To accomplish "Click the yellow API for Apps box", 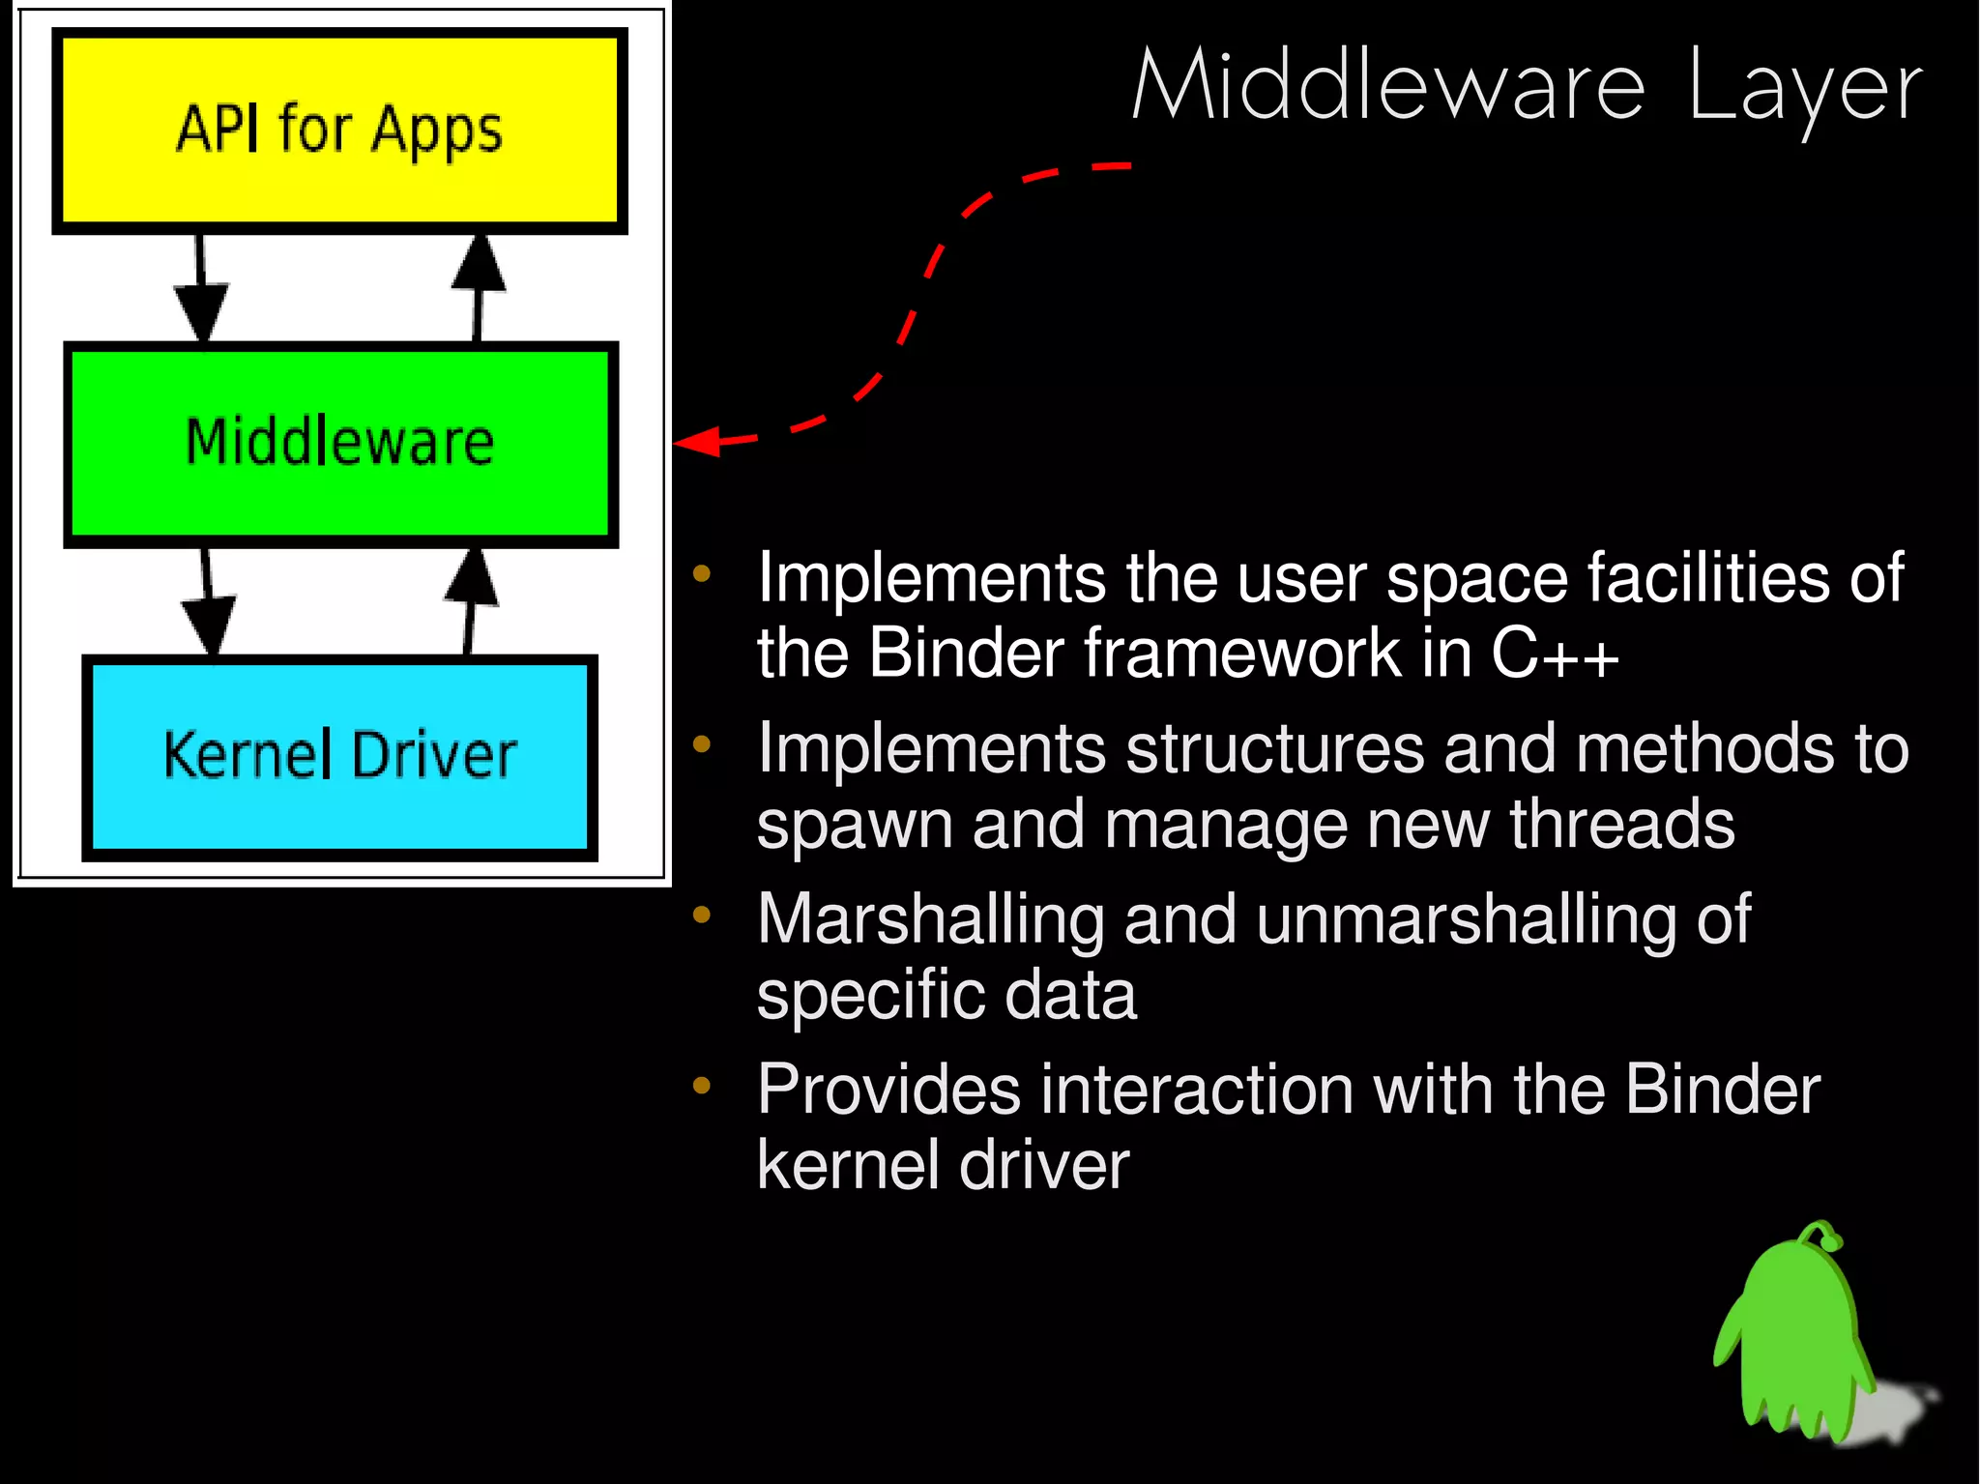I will click(339, 131).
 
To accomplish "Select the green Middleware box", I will click(339, 443).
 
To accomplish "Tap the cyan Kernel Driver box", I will click(339, 756).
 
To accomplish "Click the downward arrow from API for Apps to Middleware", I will click(201, 290).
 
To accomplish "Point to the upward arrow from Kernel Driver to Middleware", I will click(471, 599).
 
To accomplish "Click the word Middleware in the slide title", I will click(1388, 87).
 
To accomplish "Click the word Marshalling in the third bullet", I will click(929, 919).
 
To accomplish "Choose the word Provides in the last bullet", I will click(888, 1090).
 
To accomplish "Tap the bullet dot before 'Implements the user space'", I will click(702, 574).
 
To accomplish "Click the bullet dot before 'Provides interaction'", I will click(702, 1086).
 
